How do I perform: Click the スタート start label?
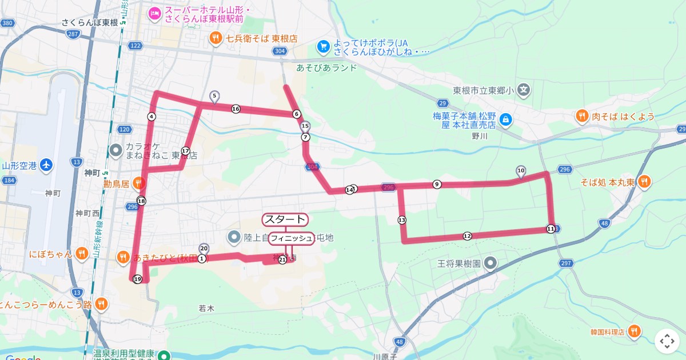(285, 219)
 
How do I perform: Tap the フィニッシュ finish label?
(292, 238)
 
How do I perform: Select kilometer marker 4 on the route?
(151, 117)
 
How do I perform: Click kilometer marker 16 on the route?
(236, 109)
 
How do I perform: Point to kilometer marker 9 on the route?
(437, 184)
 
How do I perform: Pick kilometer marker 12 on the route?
(467, 236)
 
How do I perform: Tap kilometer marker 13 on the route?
(402, 220)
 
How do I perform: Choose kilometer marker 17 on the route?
(185, 151)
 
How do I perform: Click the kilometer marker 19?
(137, 279)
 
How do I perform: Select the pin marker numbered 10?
(521, 170)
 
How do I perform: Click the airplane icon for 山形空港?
(46, 166)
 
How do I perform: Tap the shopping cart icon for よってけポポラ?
(324, 45)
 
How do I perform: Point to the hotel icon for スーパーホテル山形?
(154, 13)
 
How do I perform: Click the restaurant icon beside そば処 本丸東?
(644, 182)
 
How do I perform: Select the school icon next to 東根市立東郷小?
(524, 90)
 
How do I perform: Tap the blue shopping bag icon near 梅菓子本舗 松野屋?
(505, 119)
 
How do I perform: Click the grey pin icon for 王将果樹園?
(490, 263)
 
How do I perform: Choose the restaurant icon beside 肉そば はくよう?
(582, 117)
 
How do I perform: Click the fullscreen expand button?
(667, 341)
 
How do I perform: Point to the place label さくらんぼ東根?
(90, 22)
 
